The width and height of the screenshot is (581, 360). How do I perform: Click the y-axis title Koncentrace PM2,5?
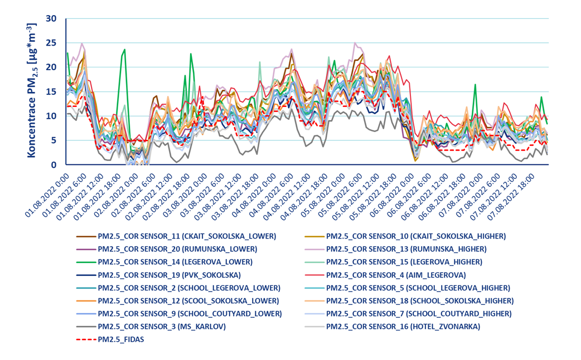32,90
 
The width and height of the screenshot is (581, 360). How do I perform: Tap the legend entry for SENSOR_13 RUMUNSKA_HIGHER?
406,249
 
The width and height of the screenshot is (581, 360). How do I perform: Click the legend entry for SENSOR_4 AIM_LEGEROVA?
396,275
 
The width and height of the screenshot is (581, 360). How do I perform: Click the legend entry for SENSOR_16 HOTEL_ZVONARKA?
403,326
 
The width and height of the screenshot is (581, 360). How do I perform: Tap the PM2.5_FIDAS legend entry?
120,339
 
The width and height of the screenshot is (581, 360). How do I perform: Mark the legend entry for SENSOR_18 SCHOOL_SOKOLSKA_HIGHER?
420,300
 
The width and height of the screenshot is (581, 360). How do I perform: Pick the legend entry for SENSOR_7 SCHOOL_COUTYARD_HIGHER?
419,313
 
